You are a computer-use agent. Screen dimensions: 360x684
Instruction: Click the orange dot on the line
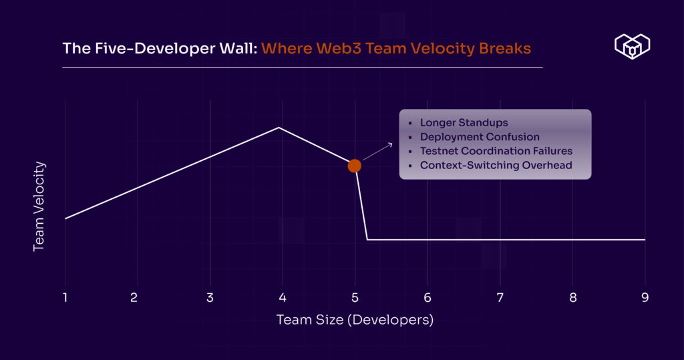[x=355, y=166]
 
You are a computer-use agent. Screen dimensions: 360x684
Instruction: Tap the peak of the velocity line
[x=279, y=127]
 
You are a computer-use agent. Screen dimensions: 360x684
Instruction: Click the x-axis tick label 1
[x=65, y=297]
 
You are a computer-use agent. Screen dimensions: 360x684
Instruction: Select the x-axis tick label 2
[x=134, y=297]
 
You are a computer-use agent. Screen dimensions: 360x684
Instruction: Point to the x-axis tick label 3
[x=210, y=297]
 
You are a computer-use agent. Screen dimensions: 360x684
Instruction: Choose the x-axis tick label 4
[x=283, y=297]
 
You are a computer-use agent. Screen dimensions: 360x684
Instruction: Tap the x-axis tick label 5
[x=355, y=297]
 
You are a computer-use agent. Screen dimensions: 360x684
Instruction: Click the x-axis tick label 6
[x=427, y=297]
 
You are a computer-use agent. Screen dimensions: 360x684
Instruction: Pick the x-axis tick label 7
[x=500, y=297]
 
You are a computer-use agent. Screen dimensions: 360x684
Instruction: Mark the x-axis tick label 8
[x=572, y=297]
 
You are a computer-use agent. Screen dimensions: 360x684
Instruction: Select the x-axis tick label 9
[x=645, y=297]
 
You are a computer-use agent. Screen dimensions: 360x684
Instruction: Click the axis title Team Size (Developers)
[x=355, y=320]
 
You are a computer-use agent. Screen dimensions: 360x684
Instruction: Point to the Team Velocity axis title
[x=39, y=206]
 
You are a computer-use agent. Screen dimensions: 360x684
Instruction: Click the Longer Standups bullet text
[x=464, y=123]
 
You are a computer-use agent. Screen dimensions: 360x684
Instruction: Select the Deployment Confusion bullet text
[x=480, y=137]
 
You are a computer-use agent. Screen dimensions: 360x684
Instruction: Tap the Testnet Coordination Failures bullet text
[x=496, y=151]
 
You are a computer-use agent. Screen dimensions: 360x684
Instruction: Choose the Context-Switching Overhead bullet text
[x=496, y=165]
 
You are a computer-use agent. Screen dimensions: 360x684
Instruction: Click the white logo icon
[x=632, y=46]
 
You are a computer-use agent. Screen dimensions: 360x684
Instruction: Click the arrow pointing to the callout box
[x=378, y=150]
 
